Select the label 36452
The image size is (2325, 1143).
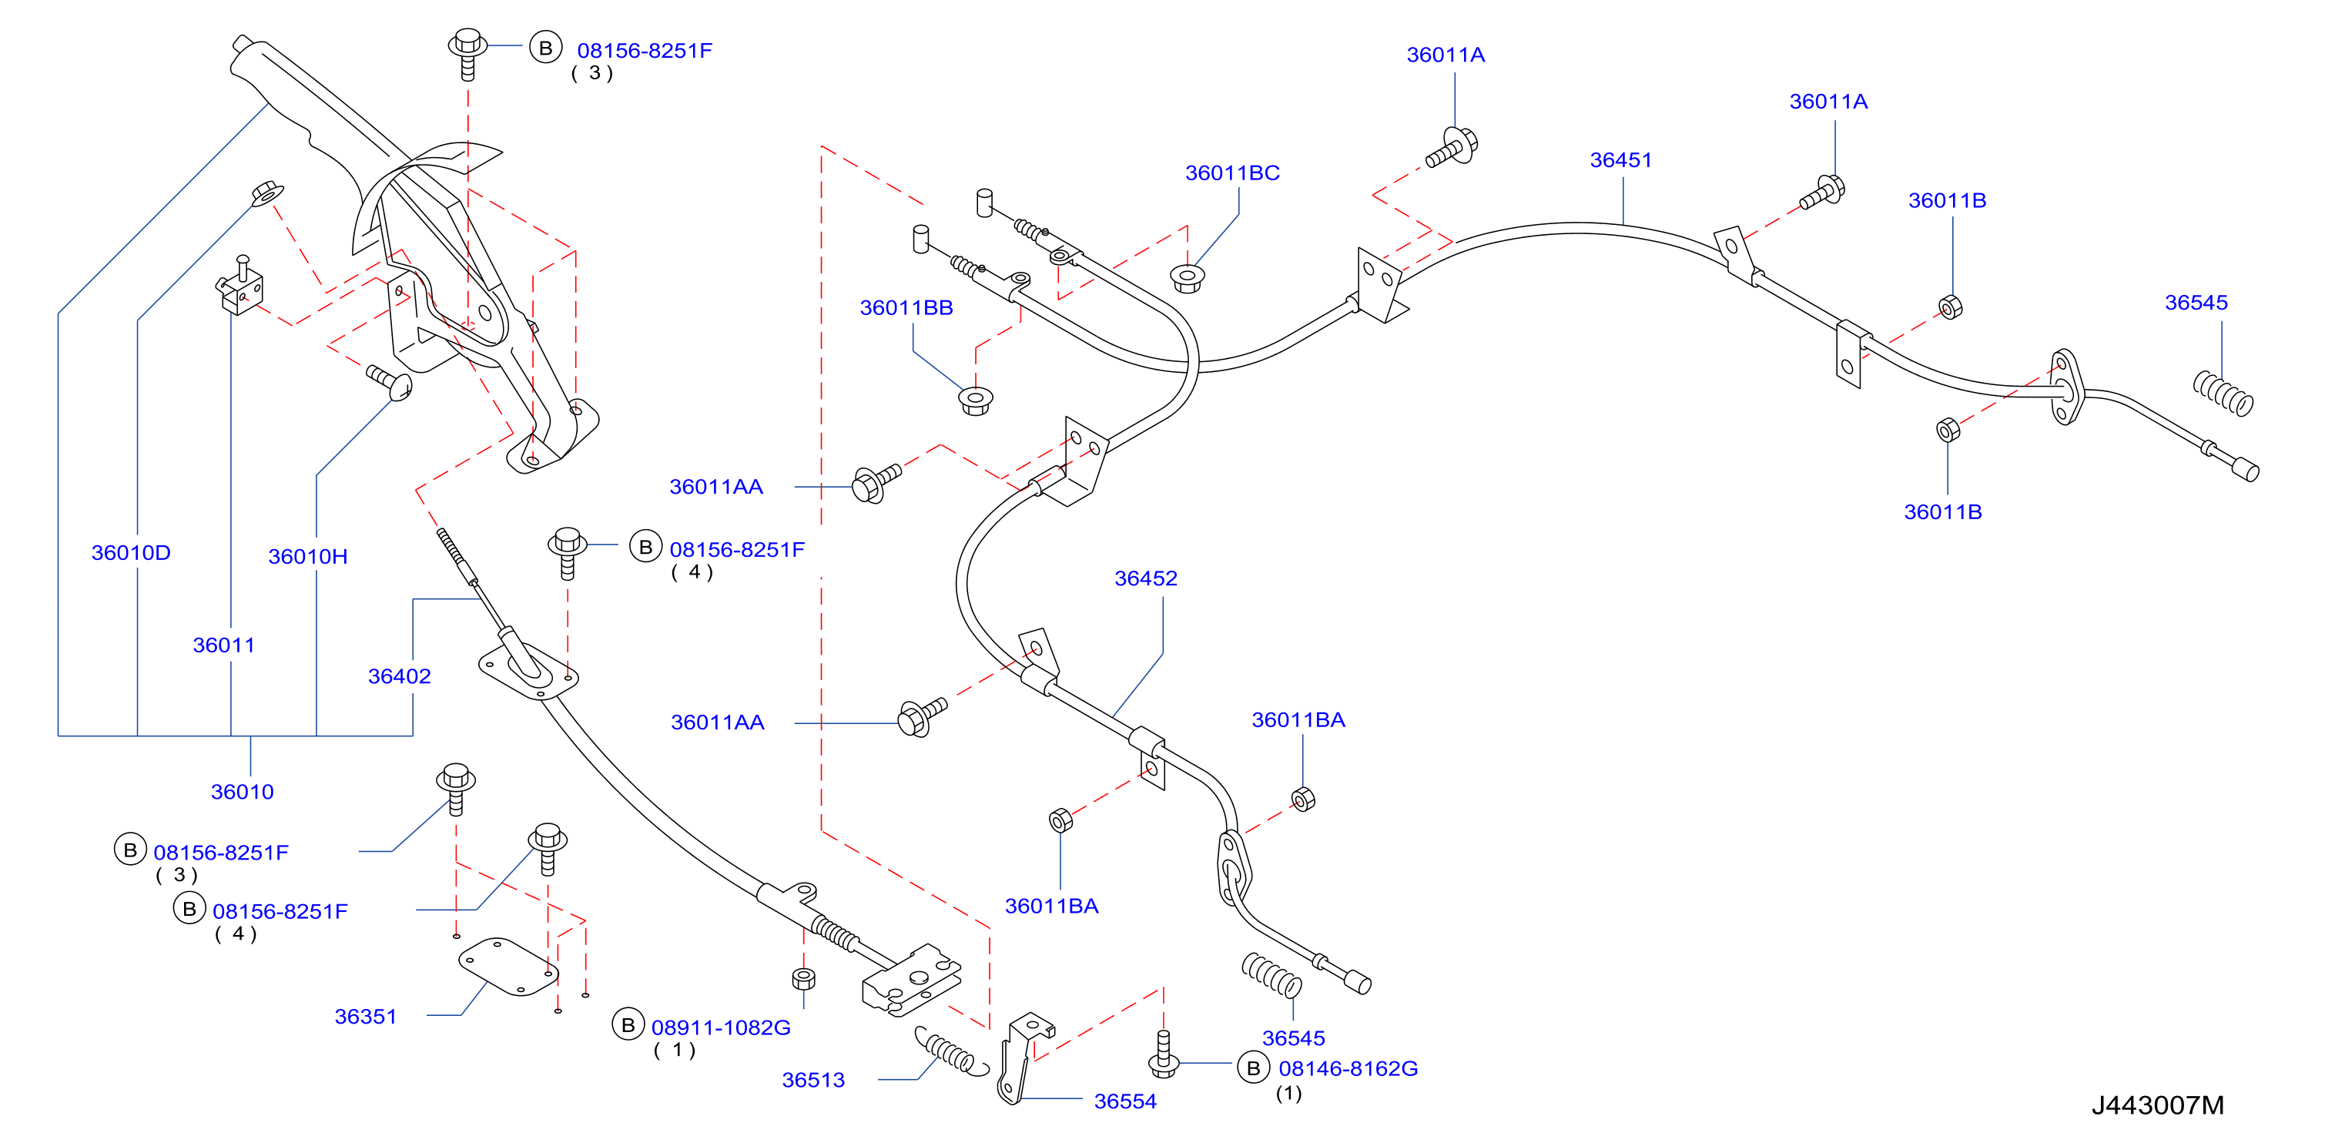[1145, 578]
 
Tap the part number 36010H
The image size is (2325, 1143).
[308, 556]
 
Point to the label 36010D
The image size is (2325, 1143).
[131, 552]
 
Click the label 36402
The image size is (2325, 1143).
[399, 676]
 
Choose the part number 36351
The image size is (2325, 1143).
[366, 1017]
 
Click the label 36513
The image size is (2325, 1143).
[813, 1080]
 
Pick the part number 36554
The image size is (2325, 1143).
[1124, 1101]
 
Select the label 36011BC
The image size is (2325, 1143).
[1232, 173]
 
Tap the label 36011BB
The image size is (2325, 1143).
[906, 308]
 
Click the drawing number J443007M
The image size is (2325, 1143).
[2157, 1105]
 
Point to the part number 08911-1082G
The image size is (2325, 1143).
[720, 1027]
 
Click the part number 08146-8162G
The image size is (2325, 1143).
[1348, 1069]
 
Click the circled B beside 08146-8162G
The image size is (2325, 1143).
[1253, 1068]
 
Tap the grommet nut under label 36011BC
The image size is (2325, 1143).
[1188, 277]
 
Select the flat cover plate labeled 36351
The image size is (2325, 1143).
[508, 966]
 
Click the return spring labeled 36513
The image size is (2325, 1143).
[951, 1052]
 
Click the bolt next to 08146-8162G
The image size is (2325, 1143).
[1164, 1054]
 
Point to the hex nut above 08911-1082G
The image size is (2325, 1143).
[803, 979]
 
